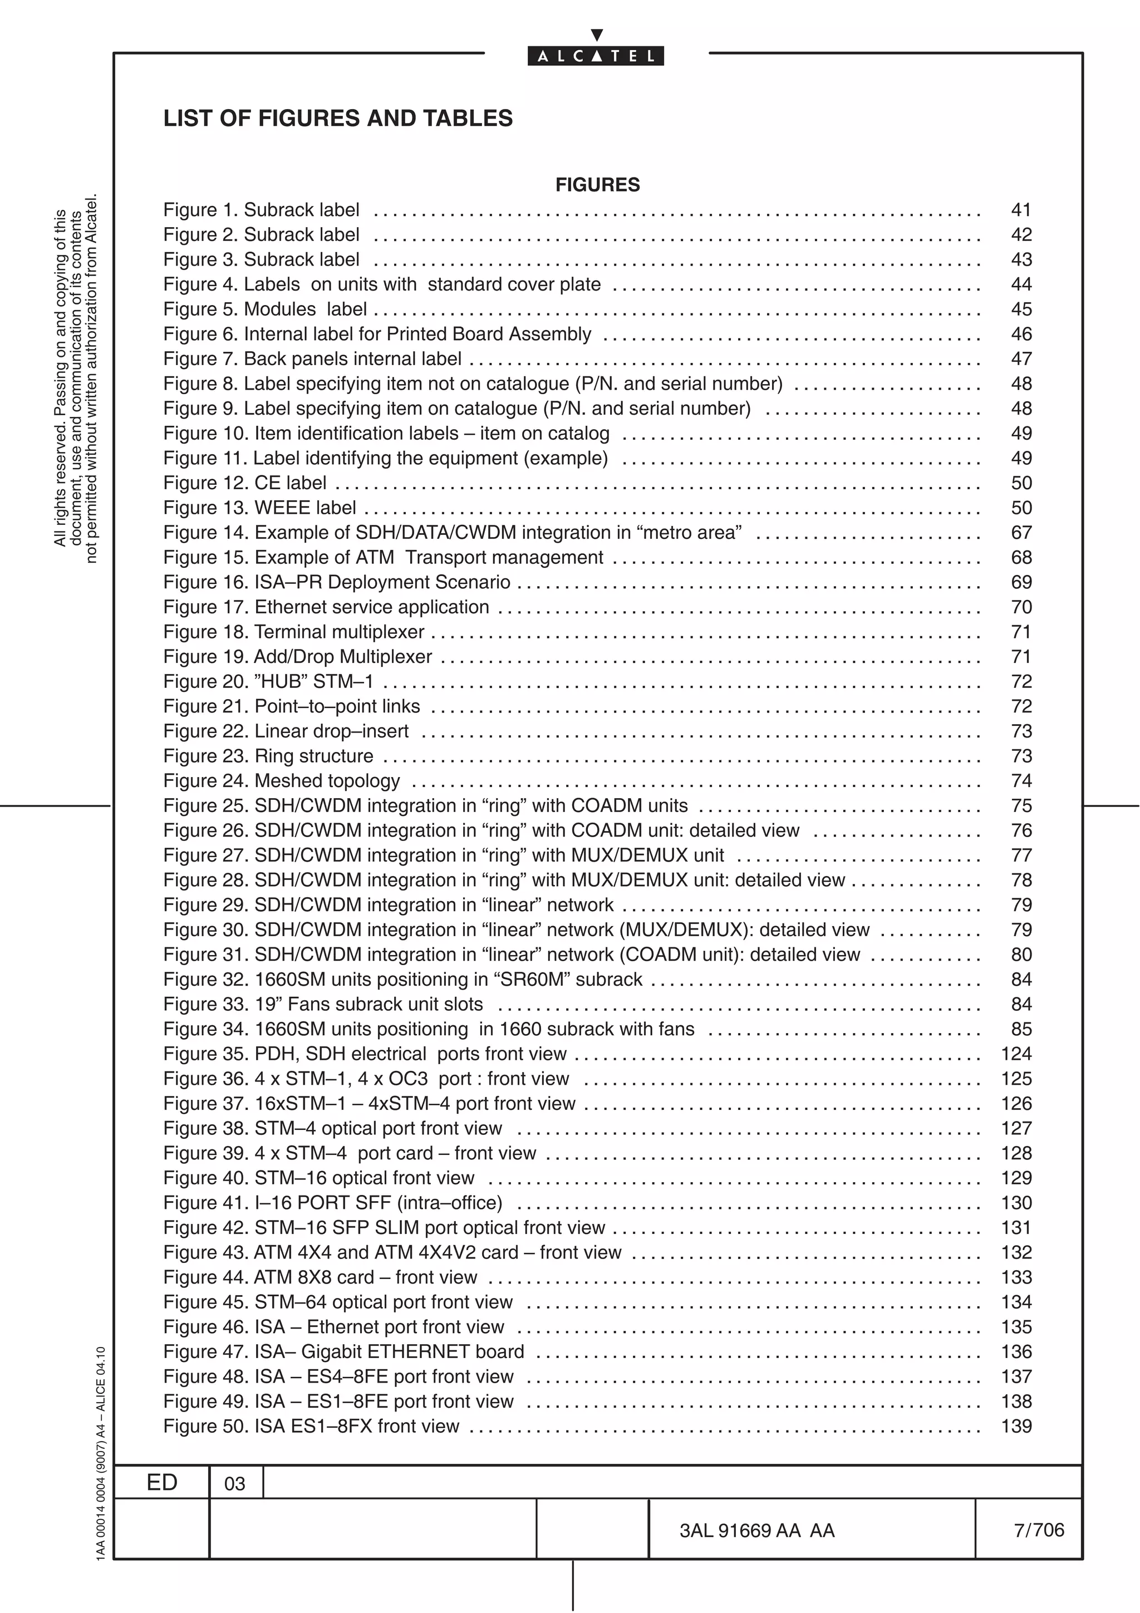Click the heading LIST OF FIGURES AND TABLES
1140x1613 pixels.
tap(338, 118)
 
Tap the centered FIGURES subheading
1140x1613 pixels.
tap(597, 185)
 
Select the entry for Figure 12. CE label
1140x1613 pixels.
tap(244, 483)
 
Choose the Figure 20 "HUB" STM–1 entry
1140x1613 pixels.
tap(268, 681)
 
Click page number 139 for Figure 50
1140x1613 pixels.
tap(1016, 1426)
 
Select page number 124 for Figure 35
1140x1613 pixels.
tap(1016, 1054)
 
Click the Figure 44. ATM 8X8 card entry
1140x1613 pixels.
tap(320, 1277)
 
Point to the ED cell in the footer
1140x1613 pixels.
tap(161, 1482)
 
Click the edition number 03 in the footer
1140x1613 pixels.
tap(234, 1484)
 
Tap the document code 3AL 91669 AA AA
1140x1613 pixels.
tap(756, 1531)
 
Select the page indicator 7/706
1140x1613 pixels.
tap(1038, 1530)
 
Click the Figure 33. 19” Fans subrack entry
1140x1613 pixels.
tap(323, 1005)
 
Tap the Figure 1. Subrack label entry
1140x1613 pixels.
tap(261, 210)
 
